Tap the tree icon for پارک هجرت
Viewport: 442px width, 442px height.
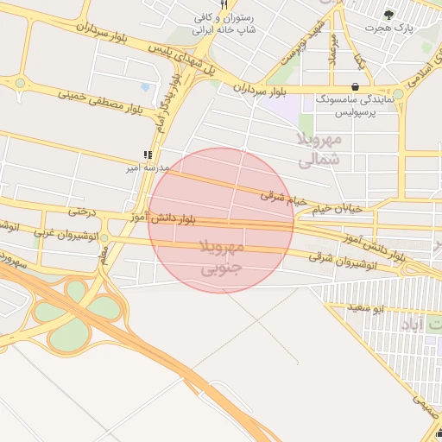point(388,15)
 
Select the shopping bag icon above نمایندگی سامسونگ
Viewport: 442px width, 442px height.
point(356,86)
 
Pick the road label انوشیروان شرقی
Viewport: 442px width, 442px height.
point(344,256)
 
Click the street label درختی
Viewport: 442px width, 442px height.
point(80,211)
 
